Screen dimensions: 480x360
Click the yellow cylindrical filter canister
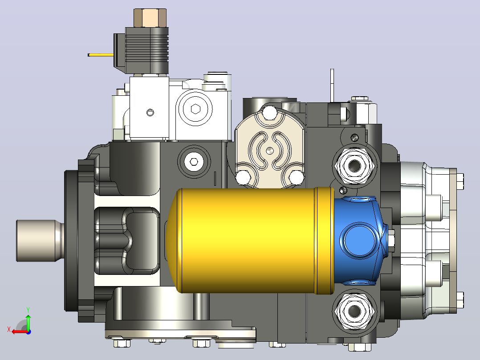pyautogui.click(x=249, y=241)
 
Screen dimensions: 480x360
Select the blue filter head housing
pyautogui.click(x=360, y=241)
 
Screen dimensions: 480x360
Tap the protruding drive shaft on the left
pyautogui.click(x=40, y=241)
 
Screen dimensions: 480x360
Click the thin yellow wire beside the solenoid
pyautogui.click(x=101, y=55)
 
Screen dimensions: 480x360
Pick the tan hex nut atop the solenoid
pyautogui.click(x=150, y=18)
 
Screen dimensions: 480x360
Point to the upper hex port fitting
pyautogui.click(x=354, y=166)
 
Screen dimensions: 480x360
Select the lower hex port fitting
pyautogui.click(x=354, y=311)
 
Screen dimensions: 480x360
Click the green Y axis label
pyautogui.click(x=28, y=310)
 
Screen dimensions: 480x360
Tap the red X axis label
pyautogui.click(x=9, y=330)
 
